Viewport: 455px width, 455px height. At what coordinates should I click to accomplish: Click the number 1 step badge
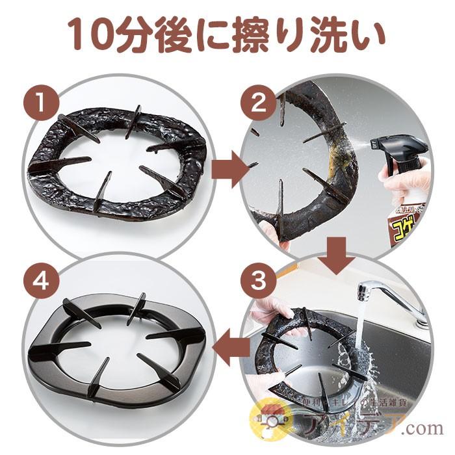40,103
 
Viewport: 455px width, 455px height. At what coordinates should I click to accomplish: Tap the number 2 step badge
255,103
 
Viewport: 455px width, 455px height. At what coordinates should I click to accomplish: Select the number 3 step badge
255,281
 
